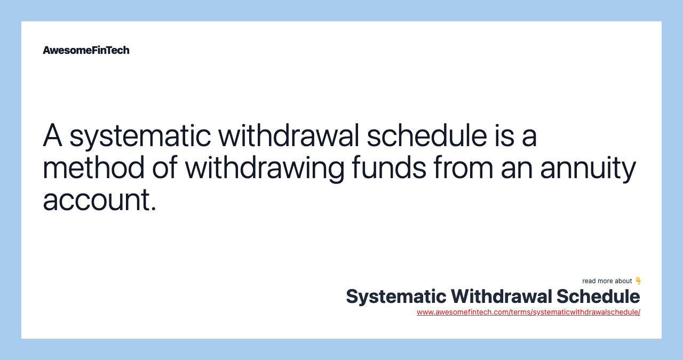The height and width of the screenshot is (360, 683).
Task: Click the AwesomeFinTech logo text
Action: tap(86, 50)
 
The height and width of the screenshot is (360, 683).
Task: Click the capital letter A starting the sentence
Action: tap(52, 135)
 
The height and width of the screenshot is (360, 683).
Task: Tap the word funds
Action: tap(389, 167)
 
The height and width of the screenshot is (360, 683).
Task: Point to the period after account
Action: tap(154, 210)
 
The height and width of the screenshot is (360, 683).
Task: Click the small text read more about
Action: tap(607, 281)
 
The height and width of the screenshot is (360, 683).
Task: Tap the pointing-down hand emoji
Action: tap(638, 281)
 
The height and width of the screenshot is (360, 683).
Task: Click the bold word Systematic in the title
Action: tap(395, 297)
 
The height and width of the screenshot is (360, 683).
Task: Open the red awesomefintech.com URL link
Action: tap(528, 312)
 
